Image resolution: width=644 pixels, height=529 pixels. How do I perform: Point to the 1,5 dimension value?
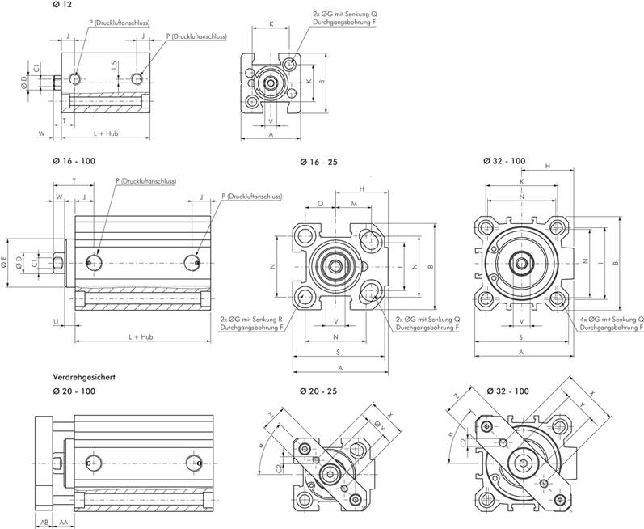pos(115,64)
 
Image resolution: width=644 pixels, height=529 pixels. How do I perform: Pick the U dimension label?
pos(55,321)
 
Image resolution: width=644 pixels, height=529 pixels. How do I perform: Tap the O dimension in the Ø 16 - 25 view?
pos(321,203)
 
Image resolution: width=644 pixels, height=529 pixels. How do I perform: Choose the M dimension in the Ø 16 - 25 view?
pos(354,203)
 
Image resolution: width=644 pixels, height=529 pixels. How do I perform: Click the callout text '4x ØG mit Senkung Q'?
pos(609,320)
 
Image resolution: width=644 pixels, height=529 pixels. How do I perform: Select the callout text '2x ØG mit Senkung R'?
pos(251,320)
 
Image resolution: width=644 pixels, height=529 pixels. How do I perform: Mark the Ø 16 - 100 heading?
pos(74,161)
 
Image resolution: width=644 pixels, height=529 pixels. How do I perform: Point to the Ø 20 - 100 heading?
pos(74,391)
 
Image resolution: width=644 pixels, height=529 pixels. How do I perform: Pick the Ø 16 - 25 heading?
pos(318,162)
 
